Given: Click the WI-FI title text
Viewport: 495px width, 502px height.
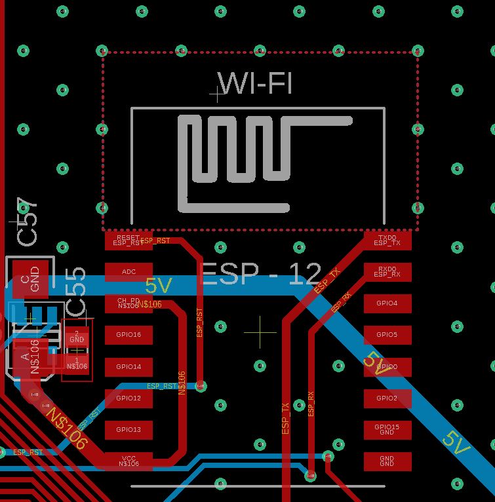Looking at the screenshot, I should click(x=256, y=84).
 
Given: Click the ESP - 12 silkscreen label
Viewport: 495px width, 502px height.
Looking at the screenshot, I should click(x=261, y=274).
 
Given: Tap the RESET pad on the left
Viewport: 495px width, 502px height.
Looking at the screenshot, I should click(x=129, y=241).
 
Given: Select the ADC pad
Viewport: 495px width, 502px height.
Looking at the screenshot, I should click(x=129, y=271).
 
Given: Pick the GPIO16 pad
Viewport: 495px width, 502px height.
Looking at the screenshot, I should click(x=129, y=335).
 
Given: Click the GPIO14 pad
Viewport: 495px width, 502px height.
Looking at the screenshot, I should click(x=129, y=366).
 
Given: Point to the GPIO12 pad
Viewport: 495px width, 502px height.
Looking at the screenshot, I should click(x=129, y=398).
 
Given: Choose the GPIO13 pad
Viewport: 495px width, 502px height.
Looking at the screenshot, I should click(x=129, y=429).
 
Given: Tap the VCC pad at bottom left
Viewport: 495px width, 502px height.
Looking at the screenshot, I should click(x=129, y=461).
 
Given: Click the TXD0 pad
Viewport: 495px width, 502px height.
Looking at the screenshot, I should click(x=387, y=241).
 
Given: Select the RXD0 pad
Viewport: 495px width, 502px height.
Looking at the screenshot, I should click(x=387, y=271).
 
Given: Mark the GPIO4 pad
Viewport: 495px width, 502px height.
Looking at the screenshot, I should click(x=387, y=303).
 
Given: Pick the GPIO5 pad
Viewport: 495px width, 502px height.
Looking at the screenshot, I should click(x=387, y=335).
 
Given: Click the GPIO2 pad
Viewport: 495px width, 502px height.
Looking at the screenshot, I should click(x=387, y=398).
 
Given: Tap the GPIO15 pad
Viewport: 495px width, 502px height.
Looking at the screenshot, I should click(x=387, y=429).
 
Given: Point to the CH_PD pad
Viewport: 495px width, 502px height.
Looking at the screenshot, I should click(x=129, y=303).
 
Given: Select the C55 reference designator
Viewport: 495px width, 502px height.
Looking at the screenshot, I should click(x=76, y=291).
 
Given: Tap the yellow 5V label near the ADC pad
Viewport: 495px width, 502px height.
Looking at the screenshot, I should click(x=159, y=286).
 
